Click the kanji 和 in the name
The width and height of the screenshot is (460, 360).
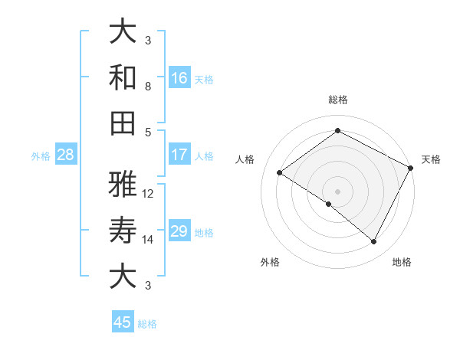click(x=123, y=77)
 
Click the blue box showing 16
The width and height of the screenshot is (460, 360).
click(x=179, y=77)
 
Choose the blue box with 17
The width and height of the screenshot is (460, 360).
click(x=179, y=155)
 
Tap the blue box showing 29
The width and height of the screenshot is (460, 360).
click(x=179, y=231)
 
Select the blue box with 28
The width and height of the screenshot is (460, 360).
click(x=65, y=155)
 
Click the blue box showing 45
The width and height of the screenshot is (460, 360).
click(x=123, y=322)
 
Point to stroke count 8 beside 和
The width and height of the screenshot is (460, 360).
click(x=148, y=87)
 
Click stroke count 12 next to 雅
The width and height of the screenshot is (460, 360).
click(x=148, y=194)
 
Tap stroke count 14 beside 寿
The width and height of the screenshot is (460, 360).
click(x=148, y=240)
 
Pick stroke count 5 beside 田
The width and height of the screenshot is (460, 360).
click(x=148, y=132)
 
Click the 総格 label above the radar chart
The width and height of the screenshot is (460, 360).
click(x=337, y=100)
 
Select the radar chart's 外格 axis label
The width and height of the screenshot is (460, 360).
click(x=270, y=262)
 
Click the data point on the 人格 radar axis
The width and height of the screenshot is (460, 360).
click(x=280, y=172)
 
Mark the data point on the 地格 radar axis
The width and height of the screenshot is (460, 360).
click(x=374, y=242)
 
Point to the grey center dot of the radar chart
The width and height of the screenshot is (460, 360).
click(x=337, y=191)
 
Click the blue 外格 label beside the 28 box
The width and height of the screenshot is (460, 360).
click(x=41, y=156)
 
